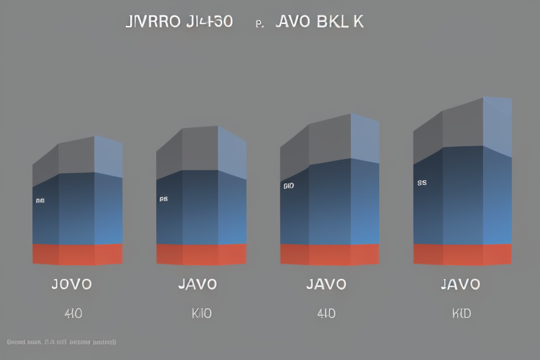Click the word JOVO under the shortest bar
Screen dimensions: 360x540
72,285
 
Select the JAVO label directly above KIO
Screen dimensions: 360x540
198,285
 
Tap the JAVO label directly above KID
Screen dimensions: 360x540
460,285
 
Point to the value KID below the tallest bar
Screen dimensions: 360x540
461,314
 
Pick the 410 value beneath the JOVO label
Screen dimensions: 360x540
72,314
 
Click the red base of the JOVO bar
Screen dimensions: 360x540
77,254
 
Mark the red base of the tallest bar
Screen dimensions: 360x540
462,254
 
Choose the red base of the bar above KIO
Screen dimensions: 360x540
201,254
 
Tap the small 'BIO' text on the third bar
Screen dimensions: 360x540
288,186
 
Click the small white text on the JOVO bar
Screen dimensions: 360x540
40,200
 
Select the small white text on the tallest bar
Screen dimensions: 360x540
422,183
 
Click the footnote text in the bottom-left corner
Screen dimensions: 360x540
61,342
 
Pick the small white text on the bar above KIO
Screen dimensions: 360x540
164,199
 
